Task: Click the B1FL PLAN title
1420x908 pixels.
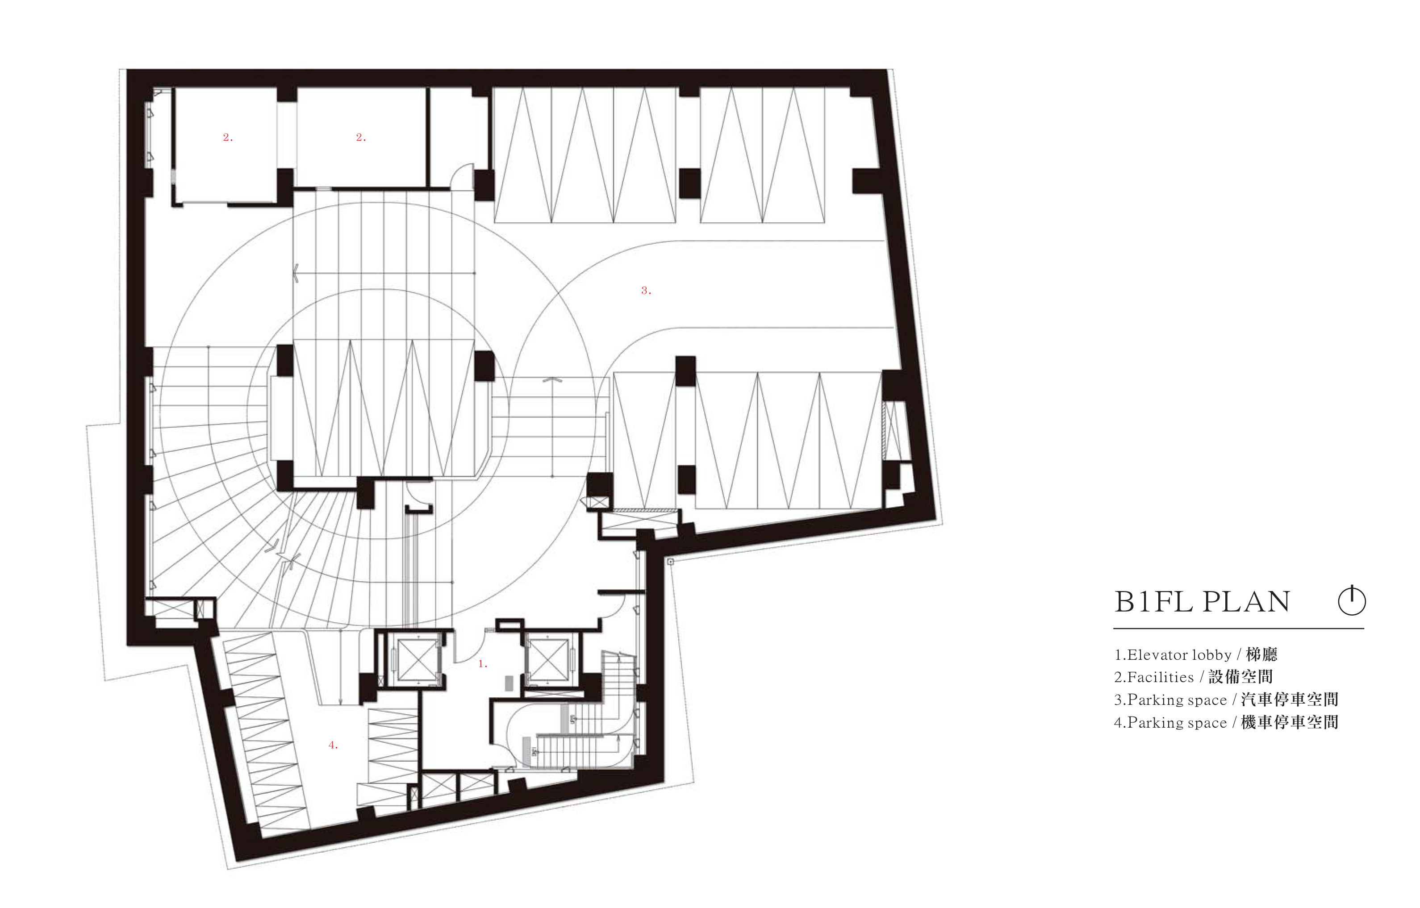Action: pyautogui.click(x=1202, y=602)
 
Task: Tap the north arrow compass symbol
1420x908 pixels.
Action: pyautogui.click(x=1352, y=601)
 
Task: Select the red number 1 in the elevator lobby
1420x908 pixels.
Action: pyautogui.click(x=482, y=664)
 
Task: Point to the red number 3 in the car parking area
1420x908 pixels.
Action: pyautogui.click(x=646, y=290)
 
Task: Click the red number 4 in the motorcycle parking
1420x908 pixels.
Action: pyautogui.click(x=333, y=745)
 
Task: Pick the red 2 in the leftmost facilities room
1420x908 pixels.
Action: pyautogui.click(x=228, y=137)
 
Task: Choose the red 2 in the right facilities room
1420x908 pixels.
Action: pyautogui.click(x=361, y=137)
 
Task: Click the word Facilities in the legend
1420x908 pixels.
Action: pyautogui.click(x=1161, y=678)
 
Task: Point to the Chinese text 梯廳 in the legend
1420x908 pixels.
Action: pyautogui.click(x=1261, y=654)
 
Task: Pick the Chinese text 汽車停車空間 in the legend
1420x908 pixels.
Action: pyautogui.click(x=1289, y=700)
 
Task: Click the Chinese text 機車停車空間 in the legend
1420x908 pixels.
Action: pyautogui.click(x=1289, y=722)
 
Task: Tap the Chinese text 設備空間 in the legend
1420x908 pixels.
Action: pyautogui.click(x=1240, y=677)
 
